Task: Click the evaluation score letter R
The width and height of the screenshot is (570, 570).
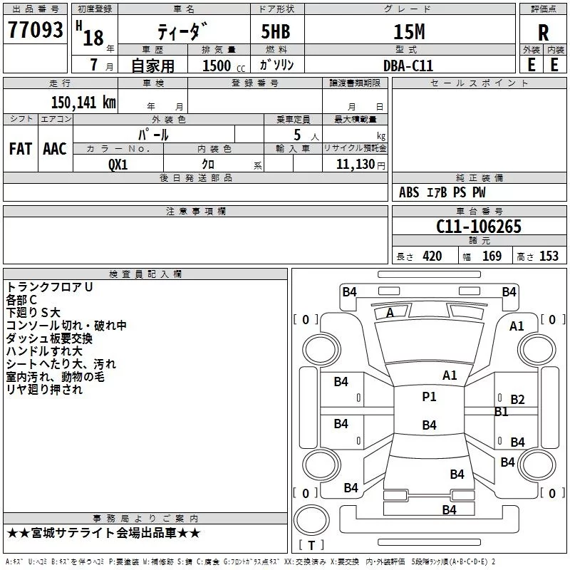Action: coord(543,33)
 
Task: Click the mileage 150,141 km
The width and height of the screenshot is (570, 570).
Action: coord(83,102)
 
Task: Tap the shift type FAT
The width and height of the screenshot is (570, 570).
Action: coord(21,148)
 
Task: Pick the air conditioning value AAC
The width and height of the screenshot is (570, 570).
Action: coord(55,148)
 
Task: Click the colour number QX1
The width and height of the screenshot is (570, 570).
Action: coord(118,164)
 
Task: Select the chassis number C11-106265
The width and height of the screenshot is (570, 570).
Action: coord(479,227)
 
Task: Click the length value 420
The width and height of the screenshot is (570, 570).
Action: coord(432,256)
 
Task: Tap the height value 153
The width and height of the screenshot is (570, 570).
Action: coord(548,256)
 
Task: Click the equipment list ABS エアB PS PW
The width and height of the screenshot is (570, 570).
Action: coord(442,192)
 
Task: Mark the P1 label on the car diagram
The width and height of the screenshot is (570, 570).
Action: coord(429,397)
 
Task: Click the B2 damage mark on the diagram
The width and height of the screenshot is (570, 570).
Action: coord(517,400)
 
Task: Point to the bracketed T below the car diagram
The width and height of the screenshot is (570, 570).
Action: coord(311,546)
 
